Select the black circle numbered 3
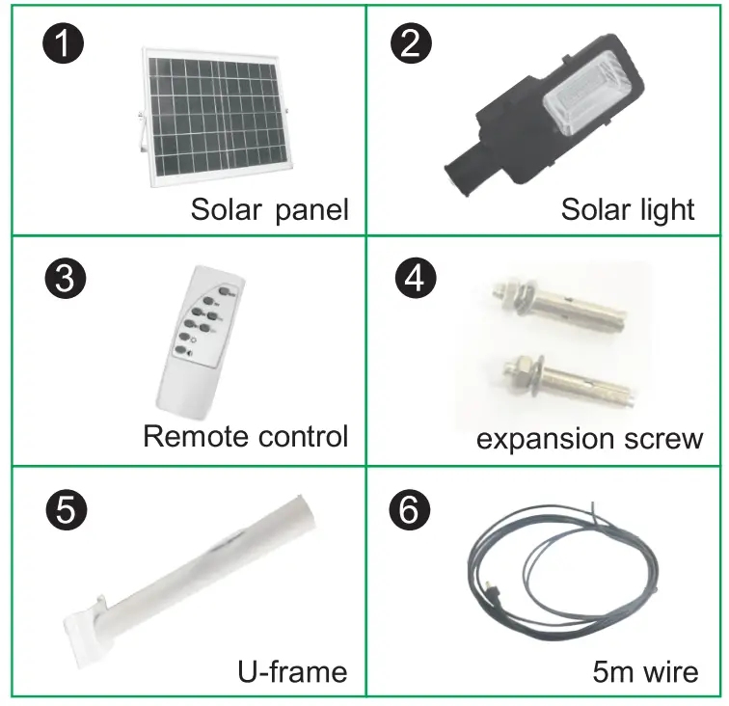tap(65, 279)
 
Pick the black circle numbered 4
tap(415, 279)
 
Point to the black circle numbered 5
tap(65, 510)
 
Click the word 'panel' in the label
tap(311, 209)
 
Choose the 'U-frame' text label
tap(292, 669)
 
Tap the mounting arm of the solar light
tap(478, 154)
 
